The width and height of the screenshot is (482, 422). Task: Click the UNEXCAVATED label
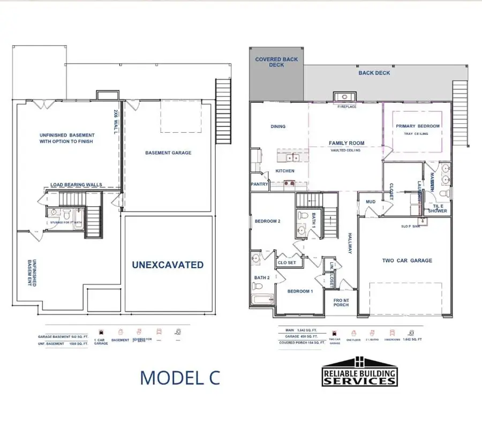(168, 265)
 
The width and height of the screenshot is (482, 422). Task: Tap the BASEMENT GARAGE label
(168, 153)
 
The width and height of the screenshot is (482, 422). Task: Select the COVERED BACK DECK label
(276, 62)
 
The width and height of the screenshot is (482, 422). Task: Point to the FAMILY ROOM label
(346, 144)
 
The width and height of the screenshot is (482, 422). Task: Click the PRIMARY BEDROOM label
(418, 126)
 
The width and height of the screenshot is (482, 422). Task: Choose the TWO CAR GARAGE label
(407, 261)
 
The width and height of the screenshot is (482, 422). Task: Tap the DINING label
(278, 127)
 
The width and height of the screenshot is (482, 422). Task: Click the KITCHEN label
(285, 171)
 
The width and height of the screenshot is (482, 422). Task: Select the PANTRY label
(259, 184)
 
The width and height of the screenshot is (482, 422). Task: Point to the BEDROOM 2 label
(268, 221)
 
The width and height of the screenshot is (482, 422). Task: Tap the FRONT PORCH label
(341, 302)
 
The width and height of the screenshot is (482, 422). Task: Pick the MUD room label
(371, 202)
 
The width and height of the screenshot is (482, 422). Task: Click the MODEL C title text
(179, 377)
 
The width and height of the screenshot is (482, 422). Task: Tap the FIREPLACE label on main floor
(347, 107)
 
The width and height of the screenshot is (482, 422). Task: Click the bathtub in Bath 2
(260, 302)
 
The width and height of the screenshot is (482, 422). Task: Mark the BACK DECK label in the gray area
(374, 73)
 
